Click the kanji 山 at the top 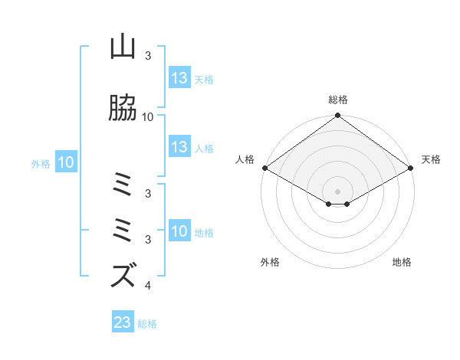123,47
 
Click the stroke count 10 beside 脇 148,117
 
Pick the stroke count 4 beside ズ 147,286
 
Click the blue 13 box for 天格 179,77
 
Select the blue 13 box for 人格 179,147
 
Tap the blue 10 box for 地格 179,231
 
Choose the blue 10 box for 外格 66,162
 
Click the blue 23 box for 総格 123,322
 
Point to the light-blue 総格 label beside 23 147,323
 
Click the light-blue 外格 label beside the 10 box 41,163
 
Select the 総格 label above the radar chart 338,100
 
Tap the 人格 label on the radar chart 245,159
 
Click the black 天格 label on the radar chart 431,159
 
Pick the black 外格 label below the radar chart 270,262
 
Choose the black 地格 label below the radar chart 402,262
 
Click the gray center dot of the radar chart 338,191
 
